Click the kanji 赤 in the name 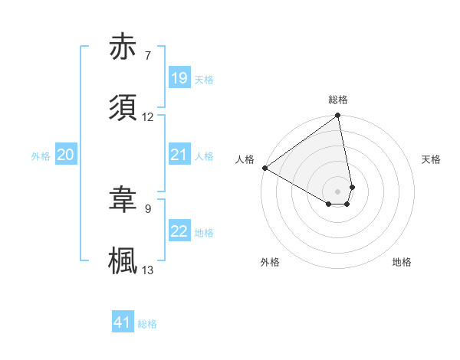[123, 48]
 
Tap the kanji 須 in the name [123, 106]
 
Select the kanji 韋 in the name [123, 200]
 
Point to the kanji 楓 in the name [123, 260]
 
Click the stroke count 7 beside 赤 [147, 56]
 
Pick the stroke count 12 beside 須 [148, 116]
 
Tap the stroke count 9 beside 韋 [147, 208]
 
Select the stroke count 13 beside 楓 [148, 270]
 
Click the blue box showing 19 [179, 78]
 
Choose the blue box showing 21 [179, 155]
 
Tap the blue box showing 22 [179, 231]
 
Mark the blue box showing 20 [66, 155]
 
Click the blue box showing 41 [123, 322]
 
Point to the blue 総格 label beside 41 [147, 324]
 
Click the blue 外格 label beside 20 [41, 156]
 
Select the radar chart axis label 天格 [431, 159]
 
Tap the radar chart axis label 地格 [402, 262]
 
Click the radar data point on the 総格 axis [338, 116]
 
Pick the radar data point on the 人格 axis [264, 168]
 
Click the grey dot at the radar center [338, 191]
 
